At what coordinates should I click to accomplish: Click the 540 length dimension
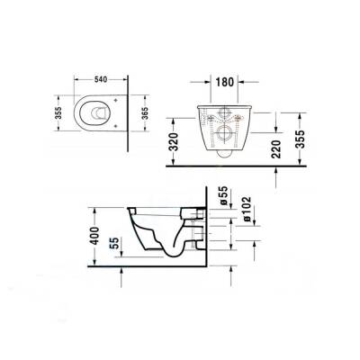pos(100,79)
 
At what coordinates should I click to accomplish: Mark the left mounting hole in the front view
pos(211,117)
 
